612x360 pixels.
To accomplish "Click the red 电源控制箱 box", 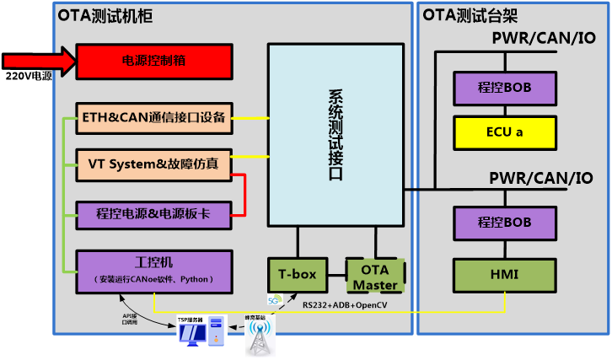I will pos(154,61).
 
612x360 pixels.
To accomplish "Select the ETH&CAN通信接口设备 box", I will pos(154,117).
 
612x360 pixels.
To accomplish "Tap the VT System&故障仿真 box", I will pos(154,164).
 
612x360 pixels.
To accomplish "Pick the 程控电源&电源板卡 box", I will pos(154,214).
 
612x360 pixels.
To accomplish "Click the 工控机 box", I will pos(154,271).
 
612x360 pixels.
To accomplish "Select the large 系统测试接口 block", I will pos(336,135).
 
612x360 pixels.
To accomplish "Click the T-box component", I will pos(297,274).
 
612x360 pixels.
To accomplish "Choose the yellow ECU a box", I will pos(505,132).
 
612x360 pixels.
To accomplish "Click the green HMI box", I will pos(505,274).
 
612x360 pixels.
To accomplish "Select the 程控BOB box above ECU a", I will pos(505,87).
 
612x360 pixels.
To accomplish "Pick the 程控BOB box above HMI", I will pos(505,223).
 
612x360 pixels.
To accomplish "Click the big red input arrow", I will pos(38,61).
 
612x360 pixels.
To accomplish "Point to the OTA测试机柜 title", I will pos(105,16).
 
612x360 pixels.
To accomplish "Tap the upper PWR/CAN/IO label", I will pos(543,38).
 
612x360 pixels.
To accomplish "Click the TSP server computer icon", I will pos(201,333).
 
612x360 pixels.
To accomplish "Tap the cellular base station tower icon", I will pos(260,336).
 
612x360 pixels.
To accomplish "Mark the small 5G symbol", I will pos(275,299).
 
